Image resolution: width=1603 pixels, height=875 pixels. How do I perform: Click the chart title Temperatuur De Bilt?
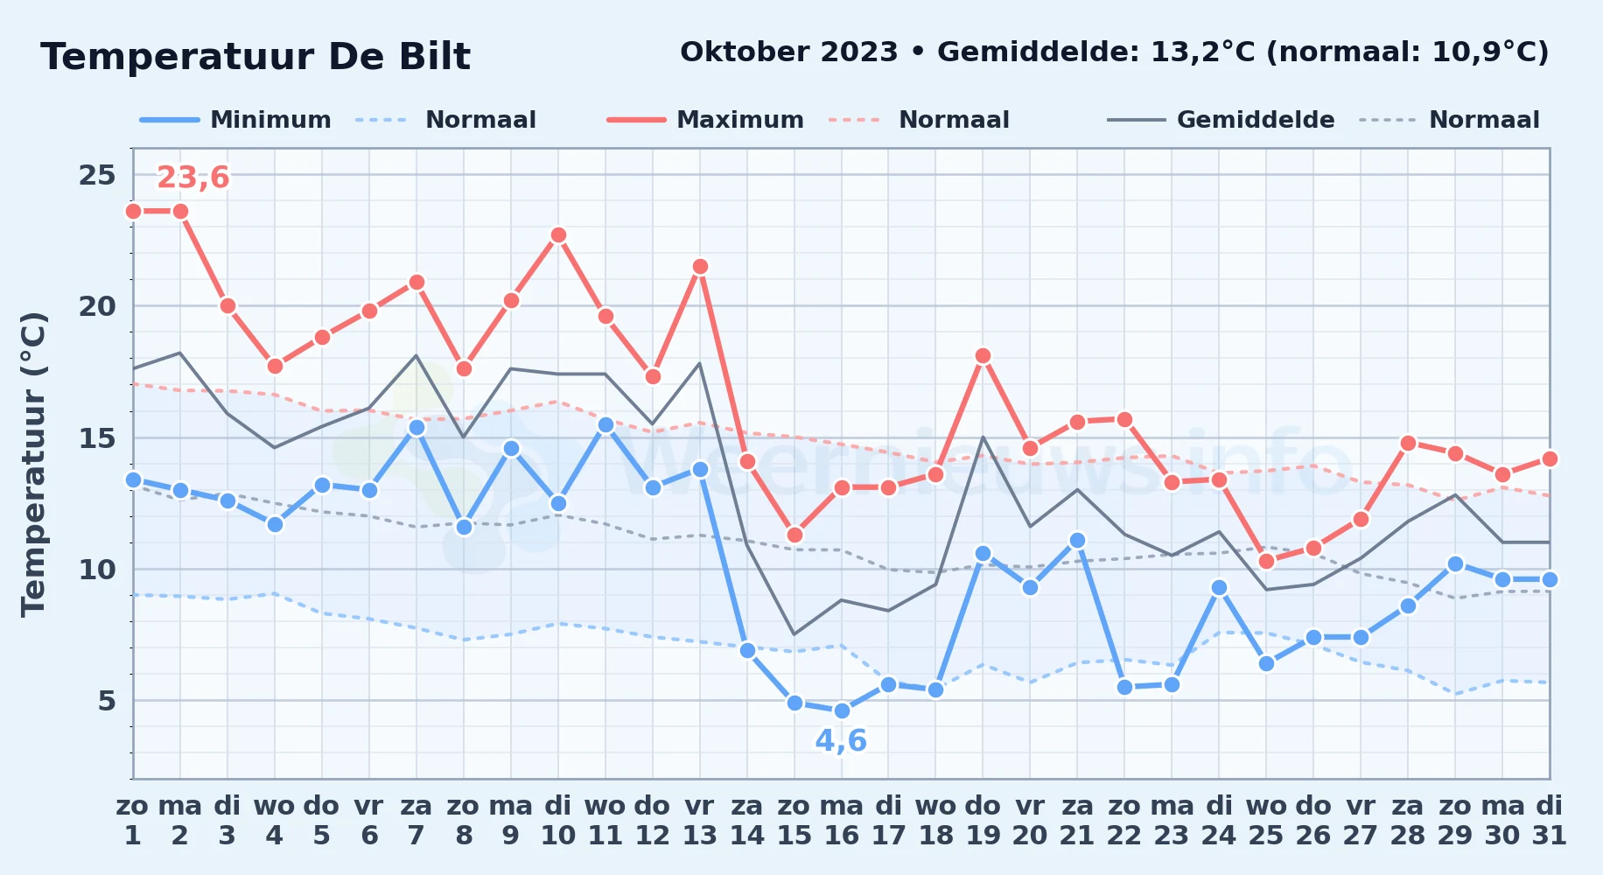(255, 57)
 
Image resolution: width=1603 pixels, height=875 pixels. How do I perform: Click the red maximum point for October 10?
(558, 235)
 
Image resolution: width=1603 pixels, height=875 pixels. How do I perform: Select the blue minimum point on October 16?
(842, 710)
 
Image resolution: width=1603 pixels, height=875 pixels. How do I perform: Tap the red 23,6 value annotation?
(192, 178)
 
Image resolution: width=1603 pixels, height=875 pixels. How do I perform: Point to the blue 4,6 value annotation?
(841, 741)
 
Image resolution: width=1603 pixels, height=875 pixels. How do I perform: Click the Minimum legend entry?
(235, 120)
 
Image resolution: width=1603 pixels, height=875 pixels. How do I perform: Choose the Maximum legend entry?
(705, 120)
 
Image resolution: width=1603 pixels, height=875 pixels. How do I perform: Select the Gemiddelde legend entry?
(1221, 120)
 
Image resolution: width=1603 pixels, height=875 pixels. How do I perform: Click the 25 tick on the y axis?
(97, 175)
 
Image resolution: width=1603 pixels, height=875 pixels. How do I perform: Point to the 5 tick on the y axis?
(107, 701)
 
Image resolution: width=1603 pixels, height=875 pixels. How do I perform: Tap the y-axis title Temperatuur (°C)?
(33, 464)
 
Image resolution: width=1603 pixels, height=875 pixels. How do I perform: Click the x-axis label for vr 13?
(700, 821)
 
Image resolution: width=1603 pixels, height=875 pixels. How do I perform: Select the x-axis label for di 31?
(1550, 821)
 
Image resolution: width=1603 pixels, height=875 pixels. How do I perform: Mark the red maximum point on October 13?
(700, 267)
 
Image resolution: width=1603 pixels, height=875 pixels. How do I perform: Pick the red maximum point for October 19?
(983, 356)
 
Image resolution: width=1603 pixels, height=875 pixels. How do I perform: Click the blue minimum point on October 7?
(416, 427)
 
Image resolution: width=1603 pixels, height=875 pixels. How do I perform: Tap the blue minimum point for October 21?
(1077, 541)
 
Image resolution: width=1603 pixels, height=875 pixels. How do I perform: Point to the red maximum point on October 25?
(1266, 562)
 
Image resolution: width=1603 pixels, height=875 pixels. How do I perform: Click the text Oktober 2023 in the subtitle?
(789, 52)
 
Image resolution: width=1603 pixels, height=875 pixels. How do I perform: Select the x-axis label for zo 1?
(133, 821)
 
